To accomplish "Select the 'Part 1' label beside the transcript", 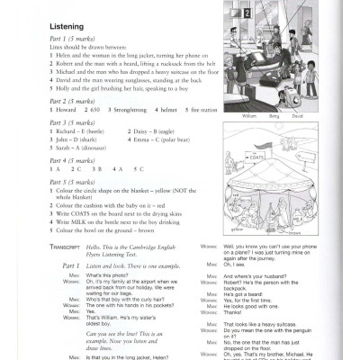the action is (64, 267).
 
